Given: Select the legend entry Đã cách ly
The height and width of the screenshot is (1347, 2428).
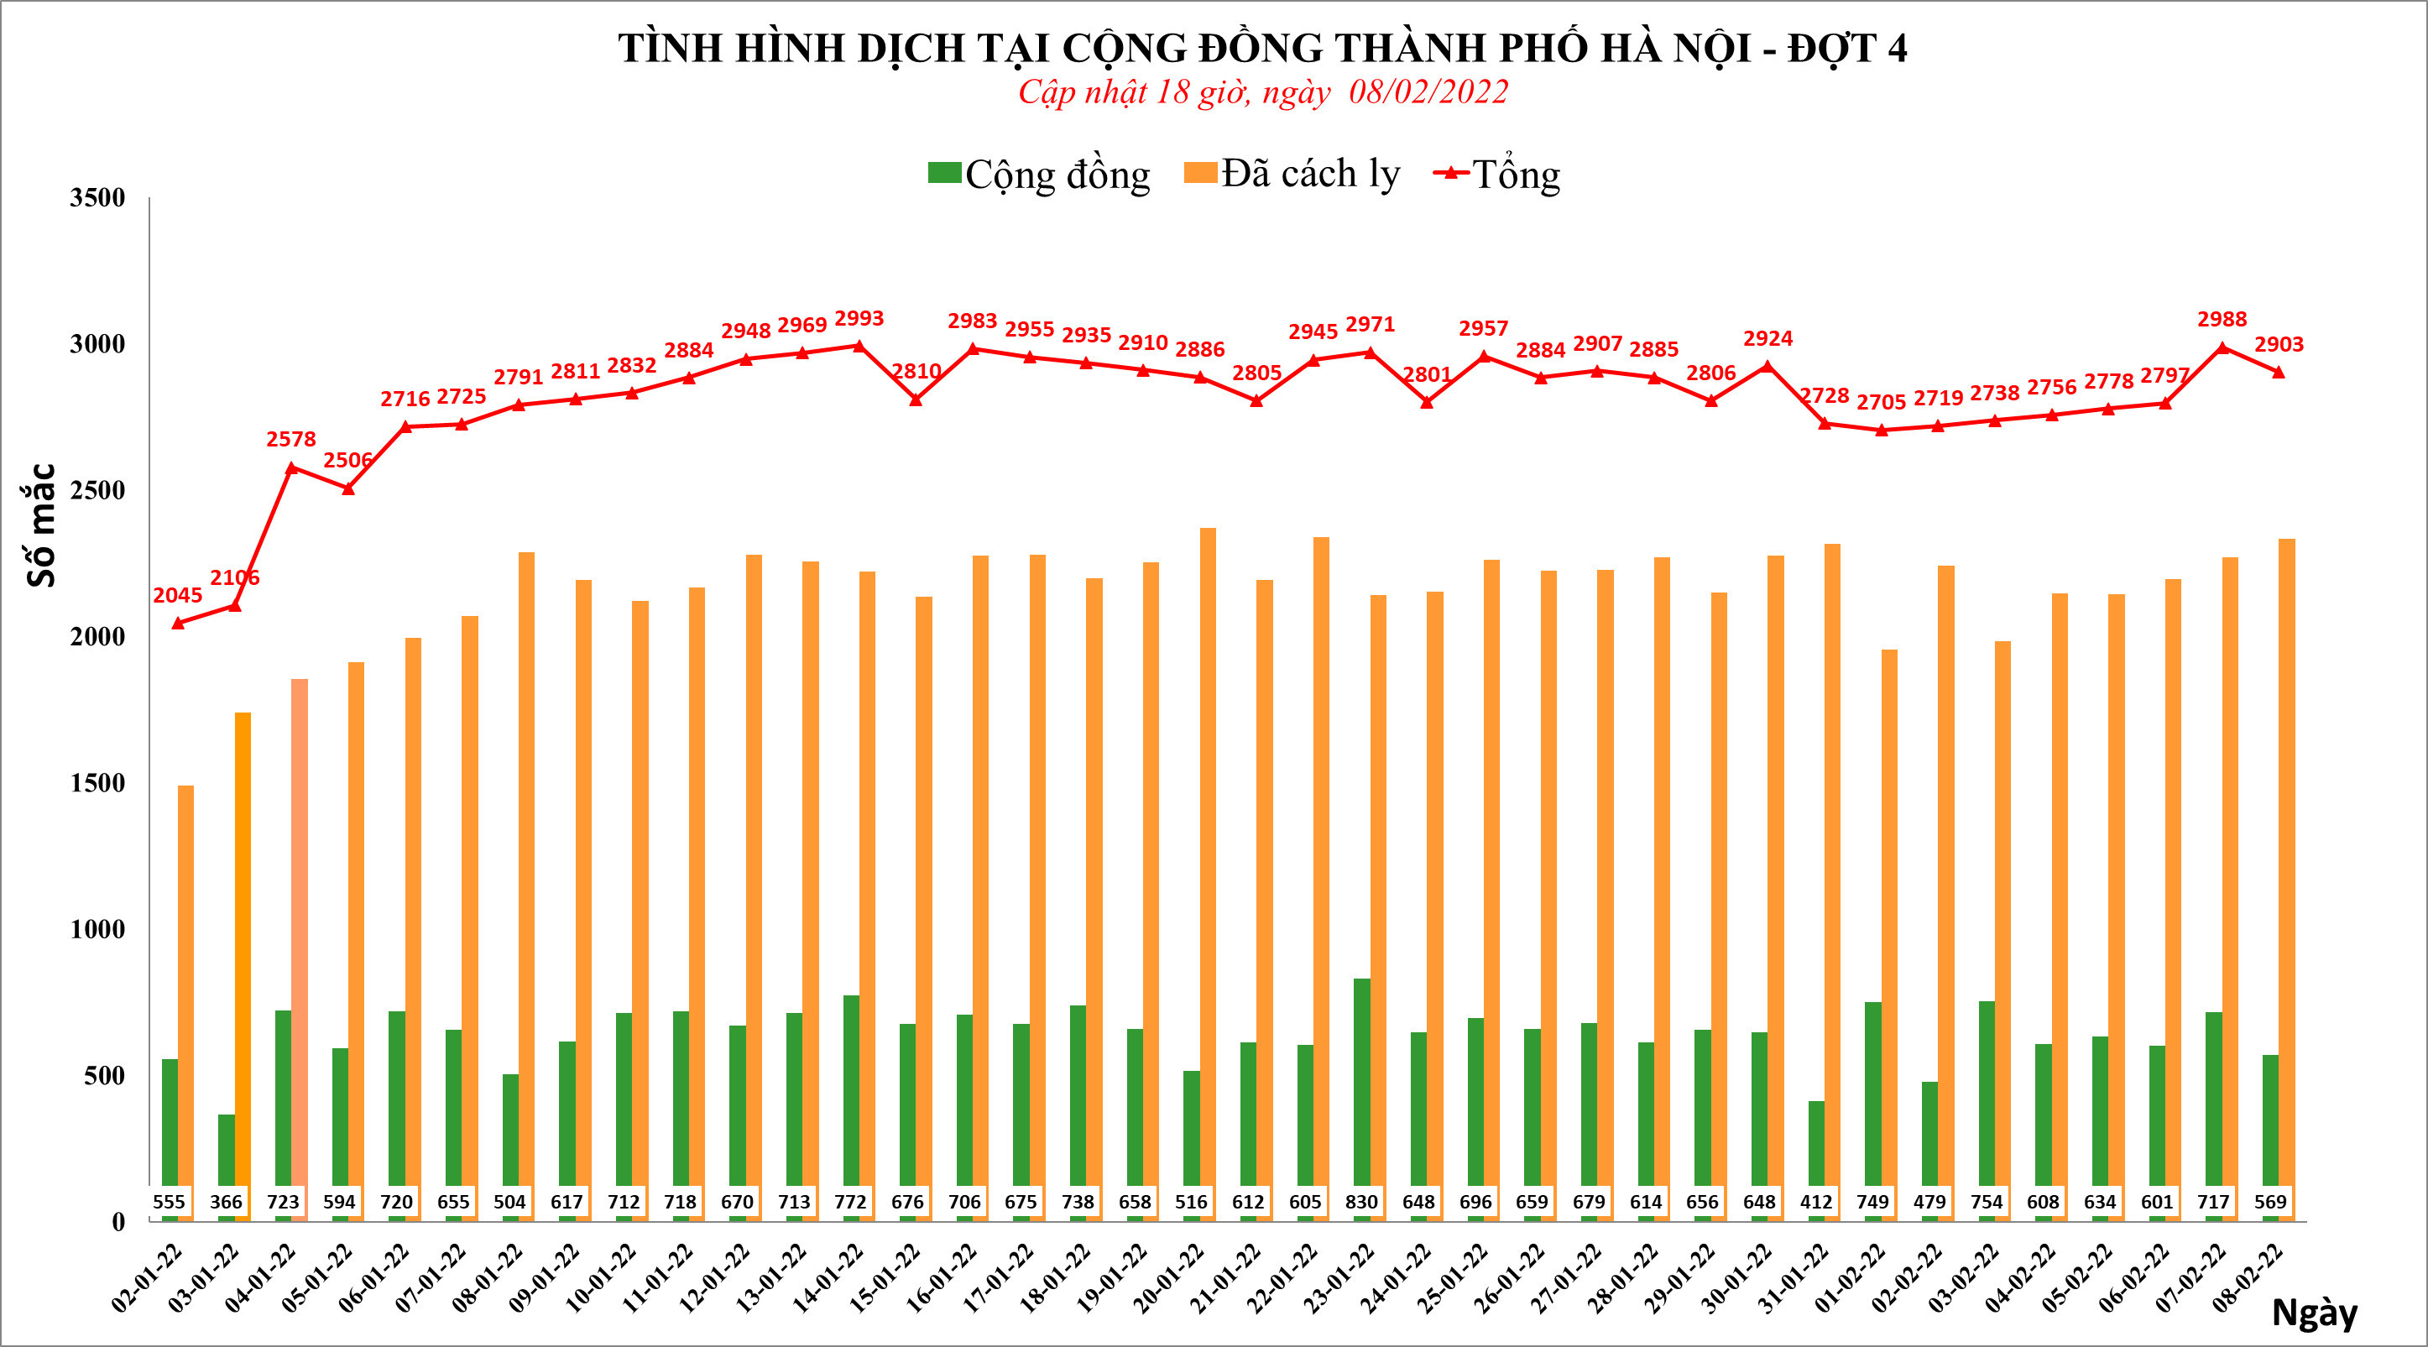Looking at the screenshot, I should coord(1292,175).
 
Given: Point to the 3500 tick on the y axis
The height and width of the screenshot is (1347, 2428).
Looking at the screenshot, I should coord(97,198).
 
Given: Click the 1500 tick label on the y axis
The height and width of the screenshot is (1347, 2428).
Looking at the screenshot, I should coord(97,783).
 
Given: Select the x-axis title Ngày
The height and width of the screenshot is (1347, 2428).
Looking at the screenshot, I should coord(2314,1311).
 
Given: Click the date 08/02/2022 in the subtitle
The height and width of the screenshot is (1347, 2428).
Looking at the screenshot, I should coord(1428,92).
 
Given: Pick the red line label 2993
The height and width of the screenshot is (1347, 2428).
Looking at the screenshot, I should coord(859,319).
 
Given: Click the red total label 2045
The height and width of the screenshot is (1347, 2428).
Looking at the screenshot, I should coord(177,595).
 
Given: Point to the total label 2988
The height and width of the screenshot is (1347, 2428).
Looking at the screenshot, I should coord(2222,320).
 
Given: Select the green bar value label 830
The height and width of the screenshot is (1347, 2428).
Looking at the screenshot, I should coord(1361,1202).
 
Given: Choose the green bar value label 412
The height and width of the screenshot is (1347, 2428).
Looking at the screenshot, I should coord(1815,1202).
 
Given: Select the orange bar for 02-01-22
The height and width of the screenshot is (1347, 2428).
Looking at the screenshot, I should coord(185,989).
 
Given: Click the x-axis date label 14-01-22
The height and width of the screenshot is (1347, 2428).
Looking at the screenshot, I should coord(828,1277).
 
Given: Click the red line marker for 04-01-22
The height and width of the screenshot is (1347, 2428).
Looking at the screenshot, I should coord(291,467).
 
